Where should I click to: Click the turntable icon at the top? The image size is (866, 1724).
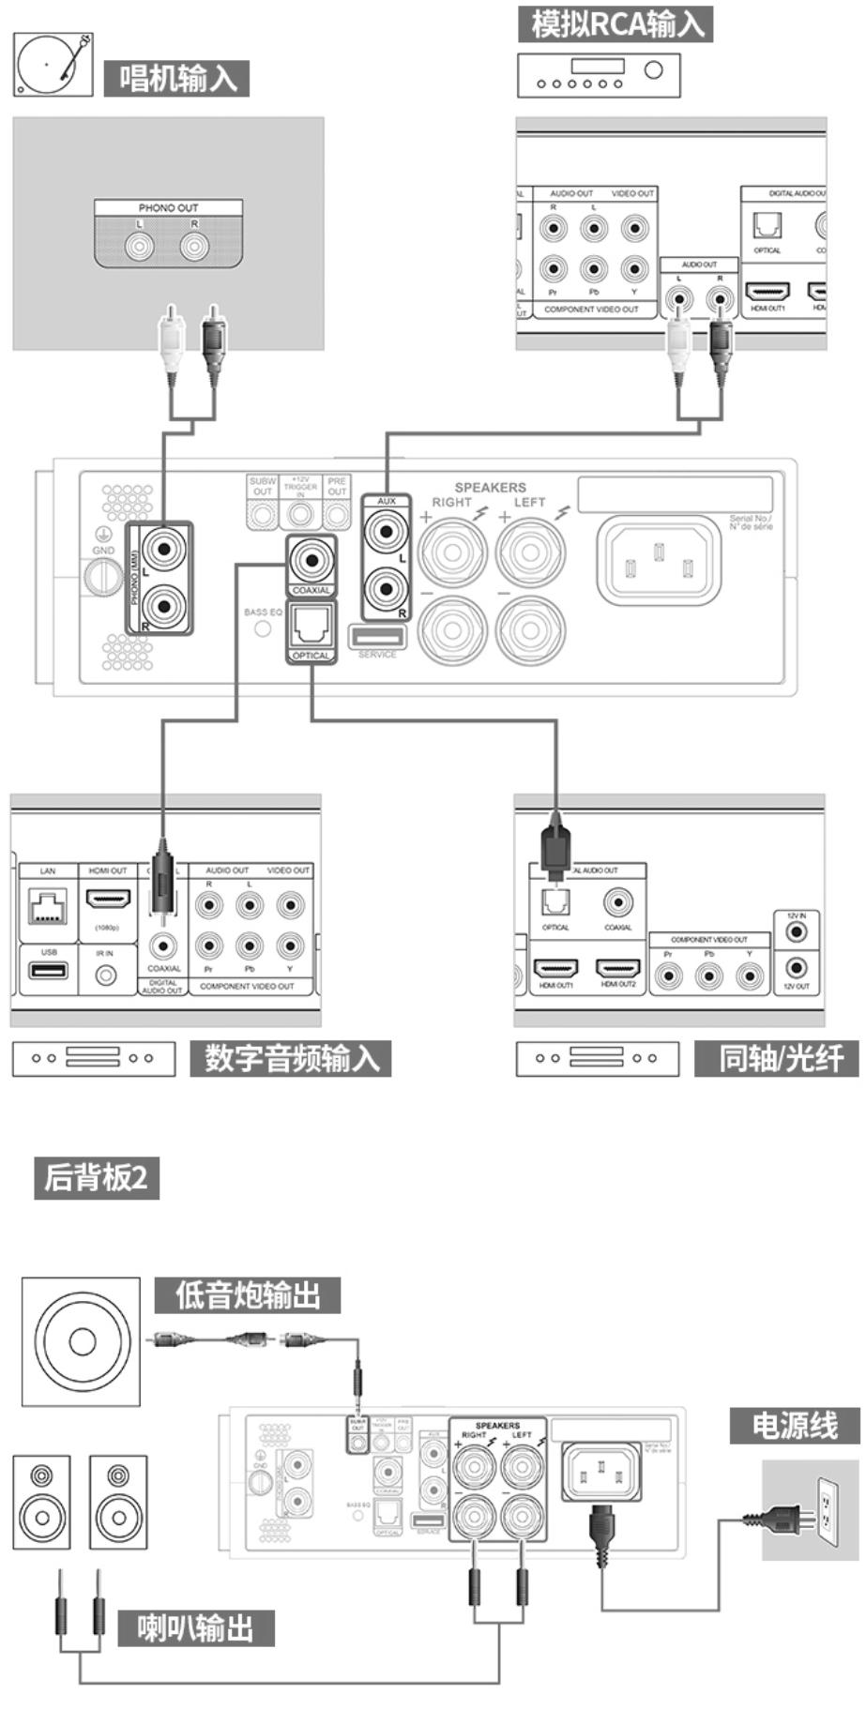(53, 65)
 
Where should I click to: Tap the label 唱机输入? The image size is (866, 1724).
(177, 78)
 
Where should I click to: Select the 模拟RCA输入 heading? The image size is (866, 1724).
(615, 23)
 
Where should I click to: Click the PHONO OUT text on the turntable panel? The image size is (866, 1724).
(168, 207)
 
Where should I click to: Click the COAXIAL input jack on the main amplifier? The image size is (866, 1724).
(311, 560)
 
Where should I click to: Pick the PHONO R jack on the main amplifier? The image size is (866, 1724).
(163, 607)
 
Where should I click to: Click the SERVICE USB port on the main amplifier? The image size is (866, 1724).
(378, 636)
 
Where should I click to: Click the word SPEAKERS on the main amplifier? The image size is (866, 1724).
(490, 487)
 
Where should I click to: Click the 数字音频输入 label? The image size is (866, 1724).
(291, 1058)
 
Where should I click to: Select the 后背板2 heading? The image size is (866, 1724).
(97, 1177)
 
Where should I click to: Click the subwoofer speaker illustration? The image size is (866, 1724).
(82, 1340)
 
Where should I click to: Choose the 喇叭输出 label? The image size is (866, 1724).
(195, 1627)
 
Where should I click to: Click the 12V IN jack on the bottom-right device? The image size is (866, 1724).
(797, 931)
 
